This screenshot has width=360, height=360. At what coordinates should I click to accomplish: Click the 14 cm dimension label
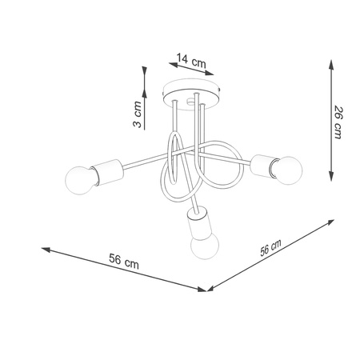pyautogui.click(x=190, y=58)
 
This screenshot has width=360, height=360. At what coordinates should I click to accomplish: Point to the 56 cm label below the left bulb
pyautogui.click(x=119, y=261)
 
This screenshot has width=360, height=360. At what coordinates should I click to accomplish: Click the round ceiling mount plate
pyautogui.click(x=191, y=90)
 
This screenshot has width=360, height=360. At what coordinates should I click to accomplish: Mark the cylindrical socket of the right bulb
pyautogui.click(x=262, y=165)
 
